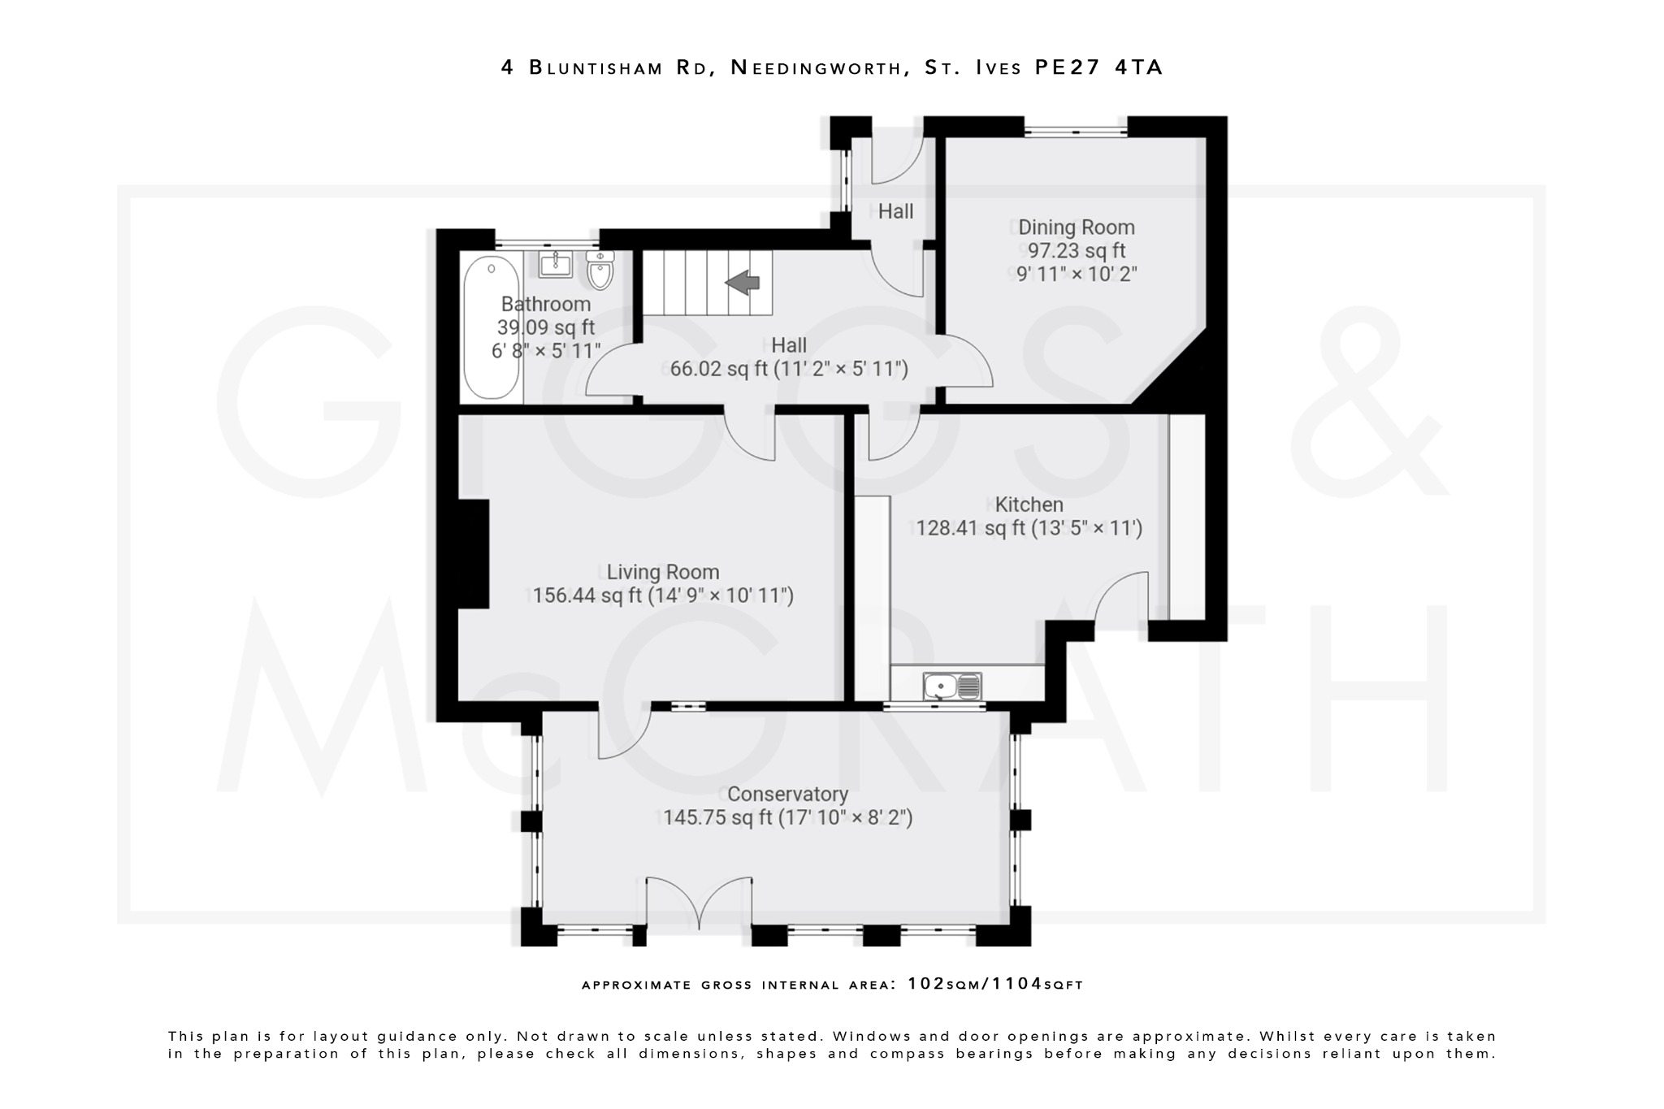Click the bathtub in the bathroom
tap(491, 327)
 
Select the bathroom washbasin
tap(556, 264)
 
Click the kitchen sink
tap(952, 687)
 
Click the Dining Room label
tap(1076, 227)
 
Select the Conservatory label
tap(787, 794)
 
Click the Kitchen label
tap(1029, 505)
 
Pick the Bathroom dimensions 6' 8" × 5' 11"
tap(546, 351)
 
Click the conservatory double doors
tap(700, 902)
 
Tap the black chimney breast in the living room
tap(474, 553)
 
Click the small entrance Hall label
tap(895, 211)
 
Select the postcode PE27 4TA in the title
tap(1098, 67)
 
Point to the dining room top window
tap(1075, 127)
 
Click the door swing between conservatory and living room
tap(624, 731)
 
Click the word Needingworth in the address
tap(821, 67)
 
